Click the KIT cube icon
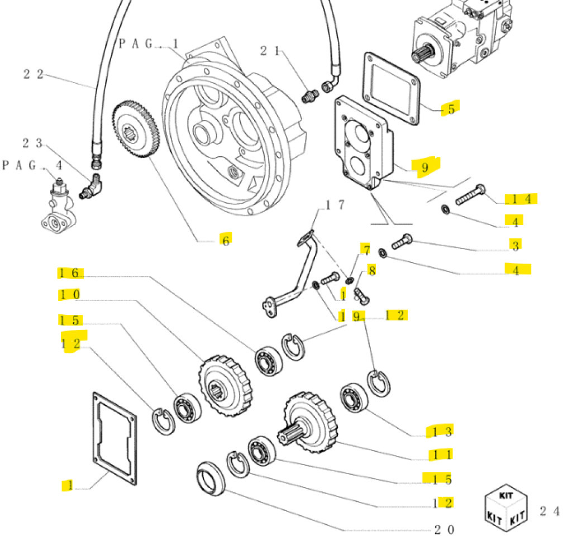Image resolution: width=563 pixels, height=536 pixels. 506,507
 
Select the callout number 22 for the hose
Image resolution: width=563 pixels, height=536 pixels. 33,74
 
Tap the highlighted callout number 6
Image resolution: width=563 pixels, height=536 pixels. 226,240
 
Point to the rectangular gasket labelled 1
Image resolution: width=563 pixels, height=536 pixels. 114,437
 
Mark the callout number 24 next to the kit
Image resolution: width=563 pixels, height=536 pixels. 549,510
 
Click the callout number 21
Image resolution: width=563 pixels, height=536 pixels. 270,51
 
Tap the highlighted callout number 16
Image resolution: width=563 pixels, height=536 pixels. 71,273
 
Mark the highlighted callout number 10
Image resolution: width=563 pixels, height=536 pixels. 70,294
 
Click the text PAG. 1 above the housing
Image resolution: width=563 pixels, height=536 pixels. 148,44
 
